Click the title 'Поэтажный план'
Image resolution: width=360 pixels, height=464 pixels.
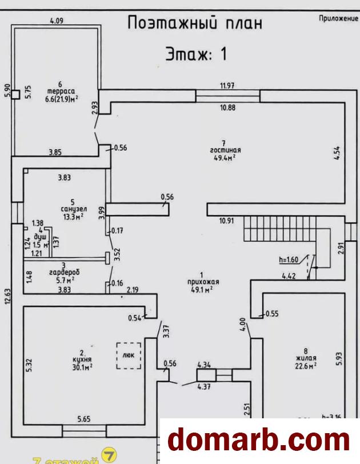[195, 23]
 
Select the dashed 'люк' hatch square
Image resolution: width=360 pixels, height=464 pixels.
[129, 355]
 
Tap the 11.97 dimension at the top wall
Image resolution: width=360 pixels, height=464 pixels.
[228, 86]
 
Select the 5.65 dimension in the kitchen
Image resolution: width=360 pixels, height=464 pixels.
[85, 418]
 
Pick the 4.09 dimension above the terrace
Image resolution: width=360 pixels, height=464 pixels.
[56, 21]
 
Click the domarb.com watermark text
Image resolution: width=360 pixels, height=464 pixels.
[259, 441]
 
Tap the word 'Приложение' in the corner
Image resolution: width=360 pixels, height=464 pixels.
[337, 19]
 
